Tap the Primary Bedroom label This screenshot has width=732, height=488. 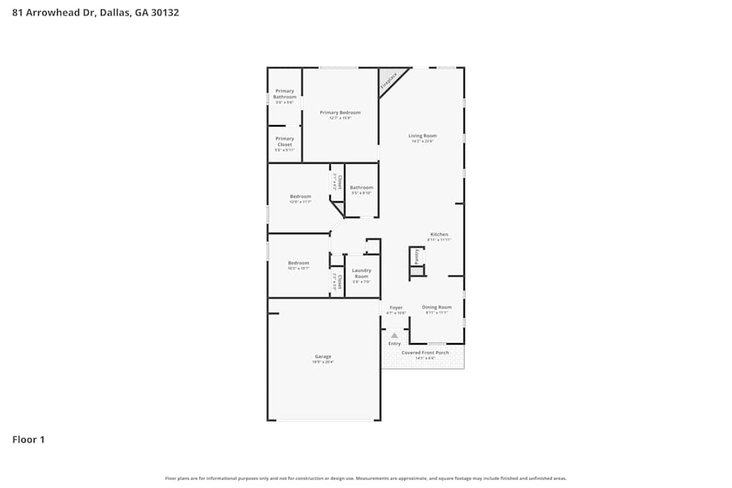pos(340,113)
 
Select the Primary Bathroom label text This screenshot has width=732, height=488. pos(285,94)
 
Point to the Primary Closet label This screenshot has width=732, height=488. pos(285,141)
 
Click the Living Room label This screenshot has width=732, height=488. pos(422,135)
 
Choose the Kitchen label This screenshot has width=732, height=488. pos(439,234)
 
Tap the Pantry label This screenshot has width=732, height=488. pos(417,255)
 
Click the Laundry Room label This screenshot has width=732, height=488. pos(362,273)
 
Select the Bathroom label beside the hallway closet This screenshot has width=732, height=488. pos(362,187)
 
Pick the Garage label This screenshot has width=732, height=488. pos(323,356)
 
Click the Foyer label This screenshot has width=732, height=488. pos(396,307)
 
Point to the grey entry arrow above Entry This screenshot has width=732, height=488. pos(395,335)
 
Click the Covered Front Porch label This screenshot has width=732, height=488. pos(425,353)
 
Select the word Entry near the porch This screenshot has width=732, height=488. pos(395,343)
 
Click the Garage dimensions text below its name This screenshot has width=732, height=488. pos(323,362)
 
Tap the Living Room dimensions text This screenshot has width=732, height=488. pos(422,141)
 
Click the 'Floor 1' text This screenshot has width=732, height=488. pos(29,440)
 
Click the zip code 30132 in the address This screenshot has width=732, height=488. pos(165,12)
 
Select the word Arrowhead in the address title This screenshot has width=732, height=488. pos(50,12)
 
